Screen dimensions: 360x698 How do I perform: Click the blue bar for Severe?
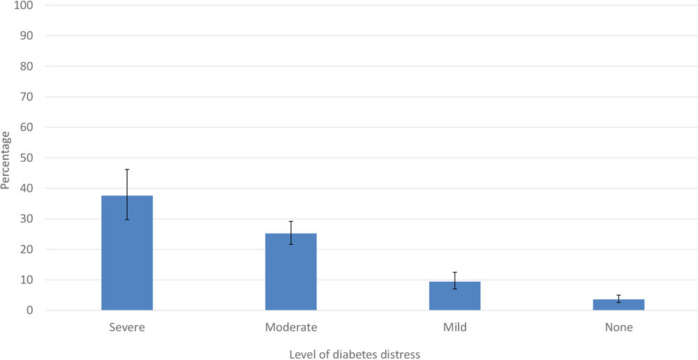point(127,253)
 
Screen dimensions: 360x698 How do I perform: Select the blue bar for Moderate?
point(290,271)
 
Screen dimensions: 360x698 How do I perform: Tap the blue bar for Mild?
point(454,296)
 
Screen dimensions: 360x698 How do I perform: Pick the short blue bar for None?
point(618,305)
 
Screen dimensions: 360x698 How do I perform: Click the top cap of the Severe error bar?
point(127,170)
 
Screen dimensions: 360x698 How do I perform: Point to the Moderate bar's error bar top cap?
point(290,222)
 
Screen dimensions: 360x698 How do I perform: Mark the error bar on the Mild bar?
point(454,280)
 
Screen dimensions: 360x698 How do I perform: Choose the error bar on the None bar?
point(618,299)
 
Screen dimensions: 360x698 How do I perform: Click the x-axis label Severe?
point(127,327)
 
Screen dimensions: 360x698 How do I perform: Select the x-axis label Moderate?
point(290,327)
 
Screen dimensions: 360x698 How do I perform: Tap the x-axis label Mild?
point(454,327)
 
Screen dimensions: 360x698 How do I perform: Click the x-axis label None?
point(618,327)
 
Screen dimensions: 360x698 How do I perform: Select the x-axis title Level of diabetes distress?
point(355,354)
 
